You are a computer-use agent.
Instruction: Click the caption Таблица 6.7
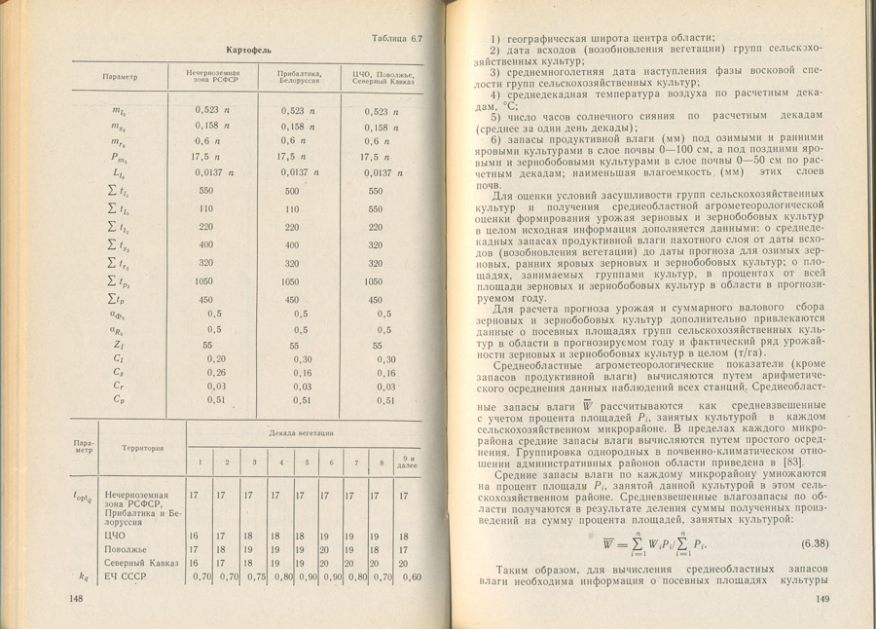[397, 39]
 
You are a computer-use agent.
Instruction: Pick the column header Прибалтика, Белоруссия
[293, 77]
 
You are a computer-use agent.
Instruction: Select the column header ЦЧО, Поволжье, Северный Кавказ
[383, 77]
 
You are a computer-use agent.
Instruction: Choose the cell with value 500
[290, 191]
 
